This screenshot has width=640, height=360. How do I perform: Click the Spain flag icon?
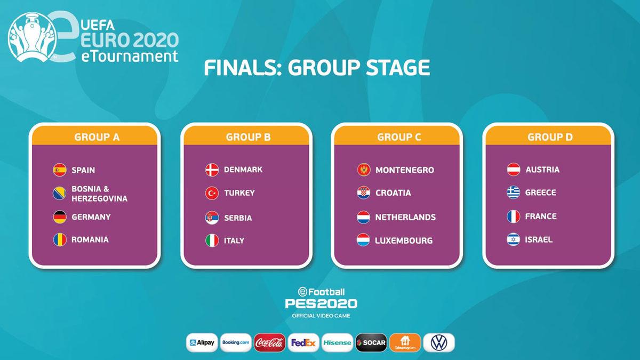(x=59, y=170)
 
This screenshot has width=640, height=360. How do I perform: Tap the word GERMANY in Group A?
(x=91, y=217)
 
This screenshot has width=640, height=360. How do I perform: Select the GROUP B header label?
(x=248, y=137)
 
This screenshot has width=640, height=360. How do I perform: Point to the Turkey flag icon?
(x=212, y=193)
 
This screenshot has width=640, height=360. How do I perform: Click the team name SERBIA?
(x=238, y=218)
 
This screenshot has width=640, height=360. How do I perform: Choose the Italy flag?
(x=212, y=241)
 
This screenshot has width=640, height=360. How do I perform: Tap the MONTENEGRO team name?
(x=404, y=170)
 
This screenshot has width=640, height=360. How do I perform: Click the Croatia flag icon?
(x=364, y=193)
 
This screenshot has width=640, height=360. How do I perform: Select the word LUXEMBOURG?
(x=403, y=241)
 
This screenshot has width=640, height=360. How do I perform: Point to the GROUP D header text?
(x=550, y=137)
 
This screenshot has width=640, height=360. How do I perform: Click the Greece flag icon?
(x=513, y=193)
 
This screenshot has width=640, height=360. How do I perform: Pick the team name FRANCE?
(x=540, y=216)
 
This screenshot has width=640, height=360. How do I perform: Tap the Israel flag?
(x=513, y=239)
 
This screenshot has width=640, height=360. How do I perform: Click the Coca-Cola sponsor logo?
(x=269, y=343)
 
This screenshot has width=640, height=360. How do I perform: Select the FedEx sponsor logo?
(x=303, y=343)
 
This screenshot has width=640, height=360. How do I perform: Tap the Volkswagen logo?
(x=439, y=342)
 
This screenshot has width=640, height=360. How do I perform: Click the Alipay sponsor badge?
(x=202, y=343)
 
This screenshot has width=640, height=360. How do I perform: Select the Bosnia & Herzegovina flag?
(x=59, y=193)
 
